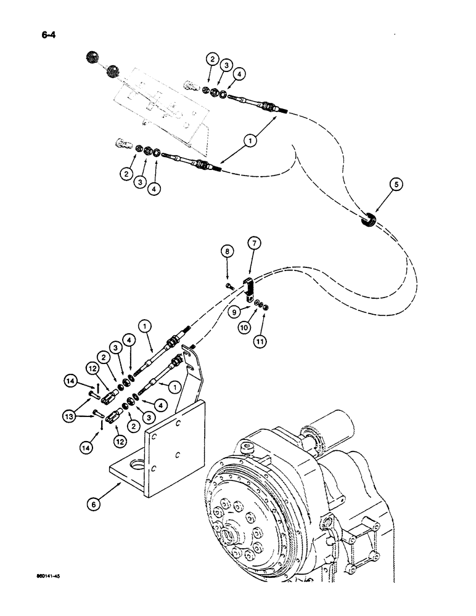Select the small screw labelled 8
click(x=228, y=286)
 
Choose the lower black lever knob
click(x=113, y=71)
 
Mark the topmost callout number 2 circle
click(x=212, y=60)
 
